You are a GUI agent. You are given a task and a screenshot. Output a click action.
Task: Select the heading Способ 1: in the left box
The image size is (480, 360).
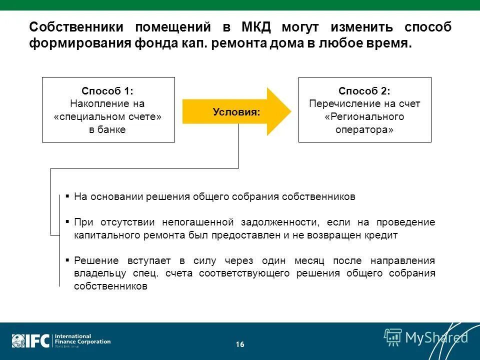[107, 91]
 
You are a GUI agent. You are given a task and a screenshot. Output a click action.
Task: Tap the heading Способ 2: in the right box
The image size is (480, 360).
[364, 91]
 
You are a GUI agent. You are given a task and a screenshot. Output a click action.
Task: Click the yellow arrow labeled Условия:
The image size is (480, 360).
[236, 111]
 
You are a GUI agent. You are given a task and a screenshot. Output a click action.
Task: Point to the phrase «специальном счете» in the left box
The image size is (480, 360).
[107, 117]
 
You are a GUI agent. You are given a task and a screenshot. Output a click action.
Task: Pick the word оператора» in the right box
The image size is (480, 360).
[364, 129]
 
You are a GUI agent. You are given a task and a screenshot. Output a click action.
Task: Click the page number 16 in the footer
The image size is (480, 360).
[240, 344]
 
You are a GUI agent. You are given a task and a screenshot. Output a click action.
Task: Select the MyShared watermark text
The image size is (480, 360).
[436, 337]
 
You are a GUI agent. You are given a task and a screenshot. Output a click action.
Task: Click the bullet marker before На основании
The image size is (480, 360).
[67, 196]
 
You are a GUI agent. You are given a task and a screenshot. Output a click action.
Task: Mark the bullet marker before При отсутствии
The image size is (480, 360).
[67, 221]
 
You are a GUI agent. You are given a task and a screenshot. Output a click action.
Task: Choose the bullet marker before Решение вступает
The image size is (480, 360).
[67, 260]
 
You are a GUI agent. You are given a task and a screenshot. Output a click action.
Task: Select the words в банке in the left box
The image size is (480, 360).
[107, 129]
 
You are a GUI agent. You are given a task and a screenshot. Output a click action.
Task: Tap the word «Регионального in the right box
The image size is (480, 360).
[364, 117]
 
